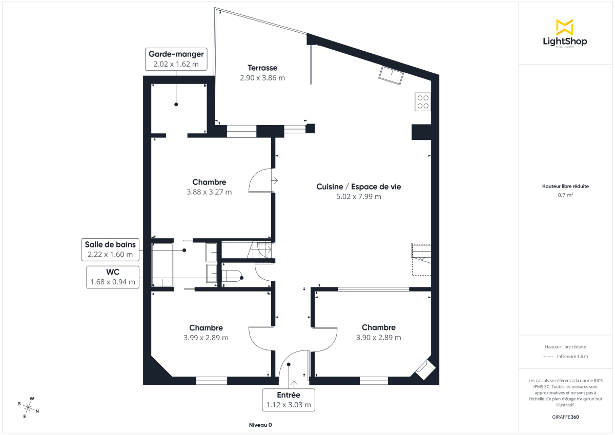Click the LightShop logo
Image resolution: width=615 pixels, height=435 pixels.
pos(565,34)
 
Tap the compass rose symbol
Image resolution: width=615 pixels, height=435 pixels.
pos(29,407)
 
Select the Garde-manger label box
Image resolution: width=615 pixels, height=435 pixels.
pos(176,59)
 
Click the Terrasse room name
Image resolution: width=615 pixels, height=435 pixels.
pos(262,68)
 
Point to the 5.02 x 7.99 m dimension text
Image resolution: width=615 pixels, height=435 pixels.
pos(358,197)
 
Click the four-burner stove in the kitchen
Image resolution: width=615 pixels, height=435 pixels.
pos(423,102)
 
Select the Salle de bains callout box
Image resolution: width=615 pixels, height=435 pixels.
pos(110,250)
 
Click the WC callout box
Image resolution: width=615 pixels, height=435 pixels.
pos(113,277)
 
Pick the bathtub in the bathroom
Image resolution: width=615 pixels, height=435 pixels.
pos(162,265)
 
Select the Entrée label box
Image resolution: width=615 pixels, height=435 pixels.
pos(289,400)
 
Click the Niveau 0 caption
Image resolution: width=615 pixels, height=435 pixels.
pos(260,425)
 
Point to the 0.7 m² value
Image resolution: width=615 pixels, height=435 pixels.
pos(565,195)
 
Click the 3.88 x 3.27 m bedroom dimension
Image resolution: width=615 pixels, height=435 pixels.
pos(209,192)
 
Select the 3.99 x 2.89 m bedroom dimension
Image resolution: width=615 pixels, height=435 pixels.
pos(206,338)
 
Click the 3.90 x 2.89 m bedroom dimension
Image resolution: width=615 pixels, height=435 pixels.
pos(378,338)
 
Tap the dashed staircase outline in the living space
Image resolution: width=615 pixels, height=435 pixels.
pos(421,260)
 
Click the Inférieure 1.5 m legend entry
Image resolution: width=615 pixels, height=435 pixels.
pos(572,356)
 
